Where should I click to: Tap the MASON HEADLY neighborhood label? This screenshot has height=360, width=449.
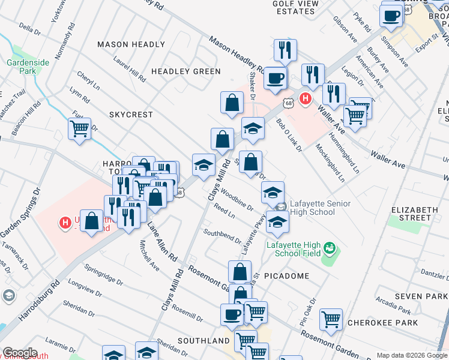click(x=131, y=44)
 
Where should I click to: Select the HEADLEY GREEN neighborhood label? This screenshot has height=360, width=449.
click(x=186, y=71)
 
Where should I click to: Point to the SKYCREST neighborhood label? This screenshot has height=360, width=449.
click(x=131, y=114)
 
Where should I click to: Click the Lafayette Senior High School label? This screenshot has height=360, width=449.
click(x=320, y=208)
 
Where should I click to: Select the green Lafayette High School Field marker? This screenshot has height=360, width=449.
click(x=329, y=247)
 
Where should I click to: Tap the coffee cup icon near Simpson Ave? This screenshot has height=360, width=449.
click(x=391, y=16)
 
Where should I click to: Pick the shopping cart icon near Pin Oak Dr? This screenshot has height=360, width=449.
click(x=331, y=320)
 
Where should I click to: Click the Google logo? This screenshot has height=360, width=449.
click(x=20, y=353)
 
